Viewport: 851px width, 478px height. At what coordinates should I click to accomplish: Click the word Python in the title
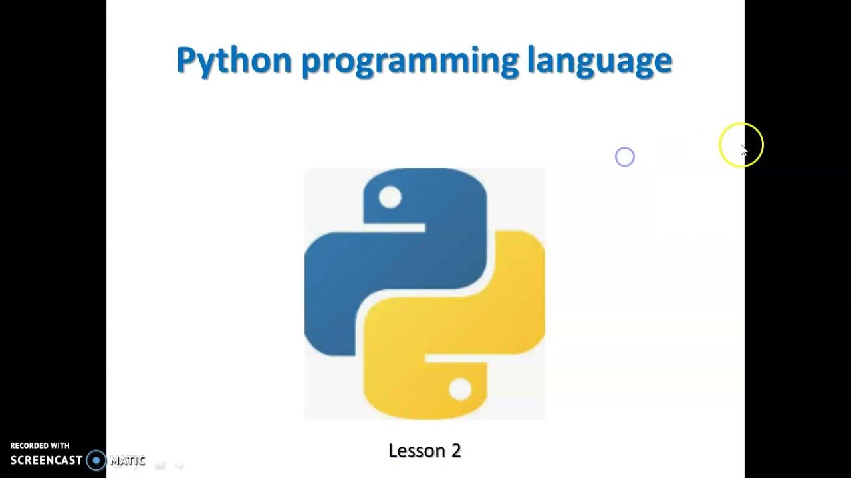point(234,61)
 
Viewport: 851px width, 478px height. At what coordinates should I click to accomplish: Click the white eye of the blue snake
point(390,197)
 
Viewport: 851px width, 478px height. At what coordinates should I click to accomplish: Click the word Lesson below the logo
point(416,451)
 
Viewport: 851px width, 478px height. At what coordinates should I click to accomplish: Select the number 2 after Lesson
point(456,451)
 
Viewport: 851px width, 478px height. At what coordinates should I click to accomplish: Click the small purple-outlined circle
point(625,157)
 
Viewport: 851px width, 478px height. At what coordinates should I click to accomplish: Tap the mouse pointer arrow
point(743,150)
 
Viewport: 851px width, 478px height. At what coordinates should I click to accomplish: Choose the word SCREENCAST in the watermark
point(47,460)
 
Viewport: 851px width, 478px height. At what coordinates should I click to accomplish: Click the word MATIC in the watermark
point(127,460)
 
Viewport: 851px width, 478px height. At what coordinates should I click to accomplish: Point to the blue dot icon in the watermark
point(96,460)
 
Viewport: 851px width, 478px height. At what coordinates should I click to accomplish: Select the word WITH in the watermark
point(60,446)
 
